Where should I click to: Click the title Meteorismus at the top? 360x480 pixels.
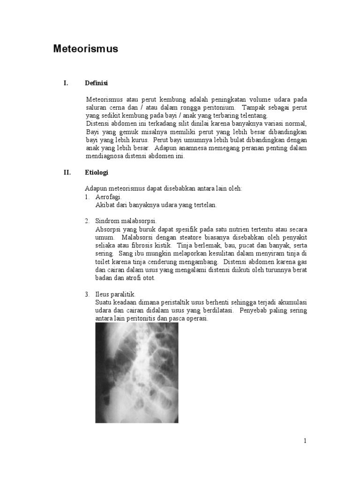[x=86, y=49]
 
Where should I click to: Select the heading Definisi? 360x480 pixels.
[x=97, y=83]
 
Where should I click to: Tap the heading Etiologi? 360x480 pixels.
[x=97, y=172]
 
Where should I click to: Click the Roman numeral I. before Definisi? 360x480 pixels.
[x=66, y=83]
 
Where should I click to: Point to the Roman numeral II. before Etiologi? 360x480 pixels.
[x=67, y=172]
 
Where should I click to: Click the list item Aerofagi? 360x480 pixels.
[x=108, y=197]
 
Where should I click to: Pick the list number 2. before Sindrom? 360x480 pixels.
[x=87, y=221]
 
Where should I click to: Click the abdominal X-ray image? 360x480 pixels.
[x=137, y=373]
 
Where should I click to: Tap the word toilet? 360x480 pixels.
[x=103, y=262]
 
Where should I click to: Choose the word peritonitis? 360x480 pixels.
[x=143, y=319]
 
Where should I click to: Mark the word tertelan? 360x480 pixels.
[x=205, y=205]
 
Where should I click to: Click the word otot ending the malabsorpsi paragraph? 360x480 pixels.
[x=148, y=277]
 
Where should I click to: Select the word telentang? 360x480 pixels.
[x=253, y=115]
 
